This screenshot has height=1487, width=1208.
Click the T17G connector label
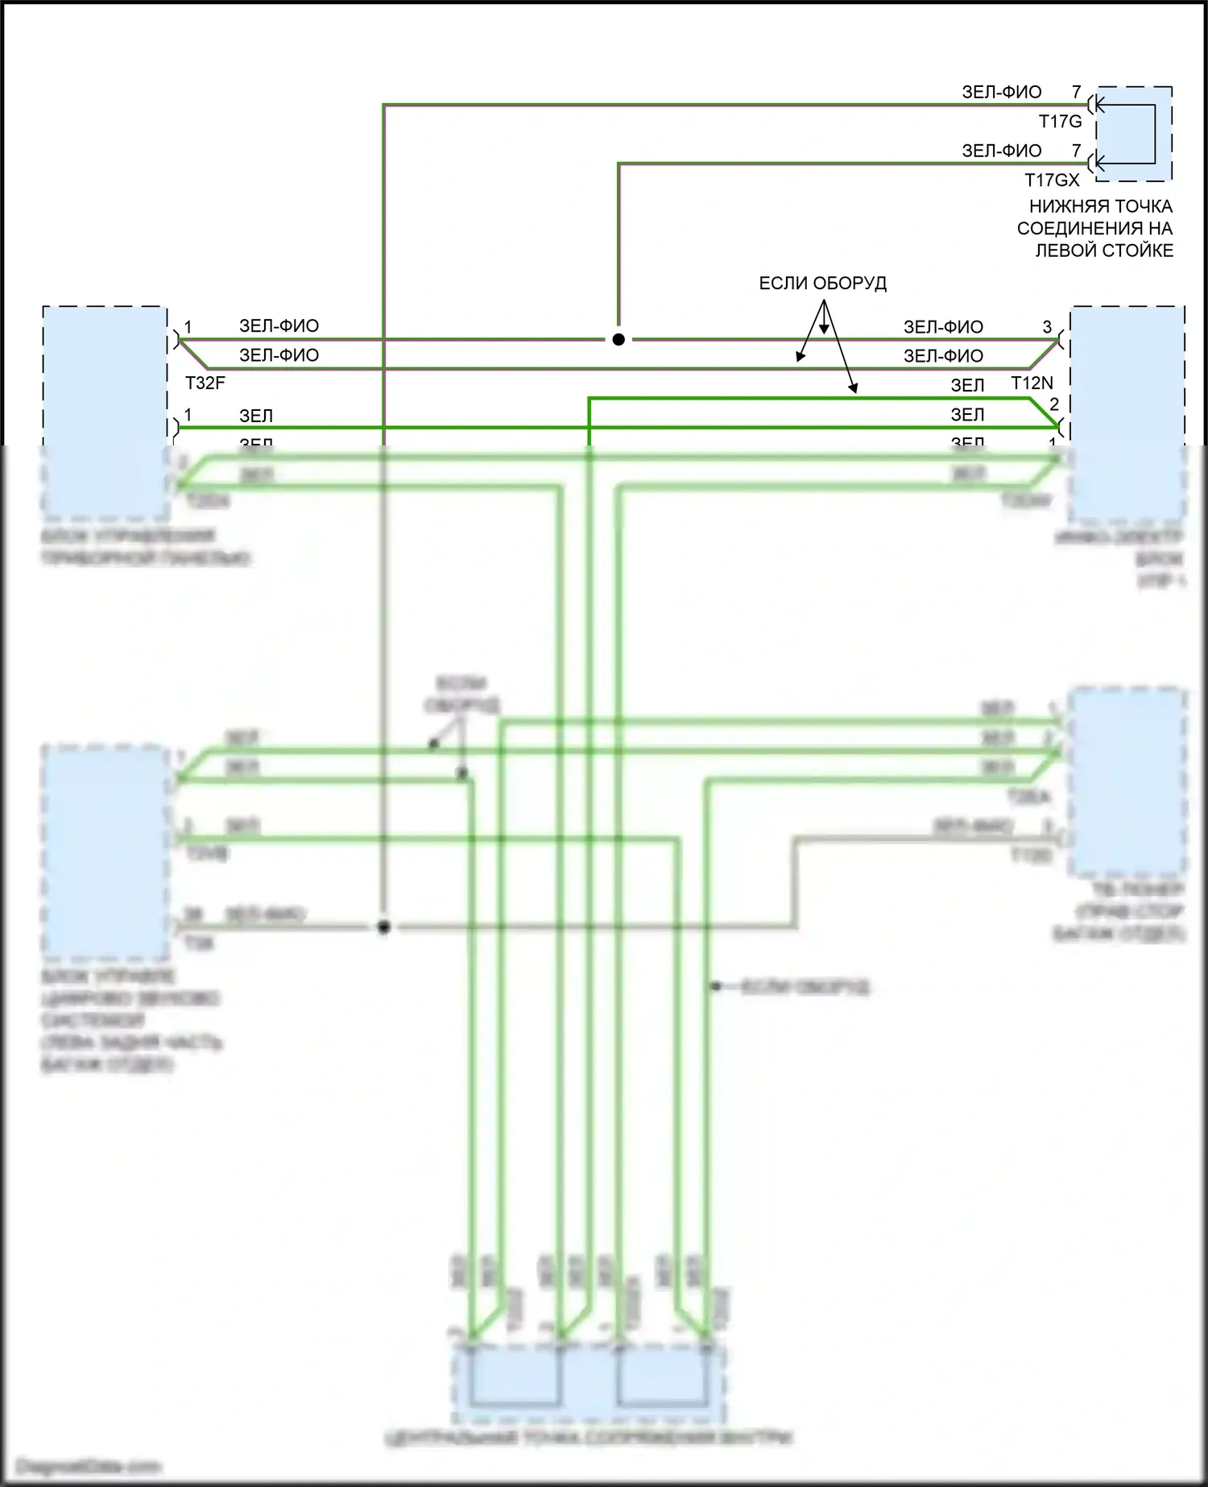click(1060, 122)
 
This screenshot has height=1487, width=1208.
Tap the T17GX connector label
click(1052, 180)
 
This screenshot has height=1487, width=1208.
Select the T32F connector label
click(205, 383)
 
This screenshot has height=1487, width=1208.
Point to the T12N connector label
click(1032, 383)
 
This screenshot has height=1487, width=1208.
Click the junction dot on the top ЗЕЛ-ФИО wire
click(618, 340)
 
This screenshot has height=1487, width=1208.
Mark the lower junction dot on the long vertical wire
click(384, 927)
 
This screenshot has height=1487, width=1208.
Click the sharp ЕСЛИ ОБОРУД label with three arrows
click(822, 284)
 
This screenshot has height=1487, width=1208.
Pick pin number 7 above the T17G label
click(1076, 92)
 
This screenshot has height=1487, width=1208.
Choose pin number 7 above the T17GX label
click(1076, 151)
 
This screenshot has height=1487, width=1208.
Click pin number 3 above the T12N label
click(1047, 327)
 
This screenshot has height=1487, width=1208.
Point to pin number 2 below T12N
click(1053, 404)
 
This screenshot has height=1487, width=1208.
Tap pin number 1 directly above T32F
click(188, 327)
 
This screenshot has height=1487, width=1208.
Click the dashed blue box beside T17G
click(1133, 134)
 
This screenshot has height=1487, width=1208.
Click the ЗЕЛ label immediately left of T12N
click(967, 386)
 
